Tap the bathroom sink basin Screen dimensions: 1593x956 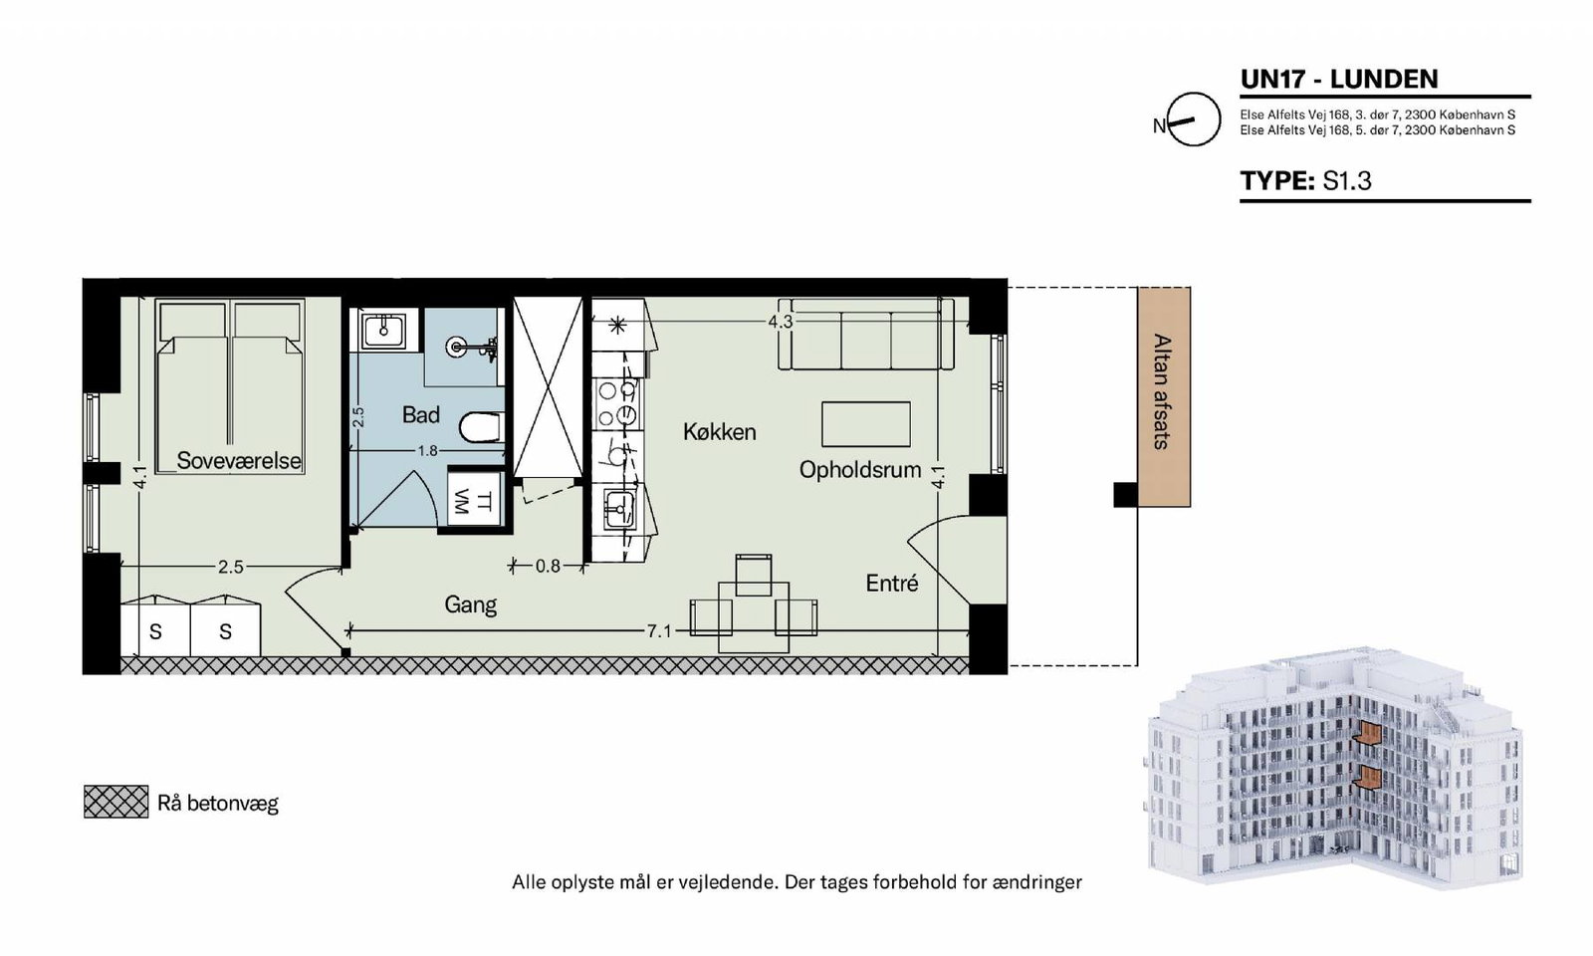click(383, 330)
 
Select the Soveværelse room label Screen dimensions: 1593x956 click(239, 461)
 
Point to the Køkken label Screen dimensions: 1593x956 click(719, 432)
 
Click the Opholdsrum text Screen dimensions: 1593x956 click(860, 470)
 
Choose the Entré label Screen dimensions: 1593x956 click(892, 584)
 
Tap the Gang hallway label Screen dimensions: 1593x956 click(470, 604)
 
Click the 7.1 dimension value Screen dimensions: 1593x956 click(659, 631)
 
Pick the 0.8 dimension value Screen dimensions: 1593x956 click(548, 567)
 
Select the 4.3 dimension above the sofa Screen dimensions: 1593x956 click(781, 323)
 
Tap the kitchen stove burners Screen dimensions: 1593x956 click(616, 404)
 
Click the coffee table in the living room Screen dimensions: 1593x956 click(866, 424)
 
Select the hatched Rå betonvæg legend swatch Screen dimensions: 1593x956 click(115, 802)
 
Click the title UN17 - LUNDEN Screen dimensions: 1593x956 click(1339, 79)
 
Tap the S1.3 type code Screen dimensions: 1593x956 click(1347, 180)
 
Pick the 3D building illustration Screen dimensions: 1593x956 click(1334, 766)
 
